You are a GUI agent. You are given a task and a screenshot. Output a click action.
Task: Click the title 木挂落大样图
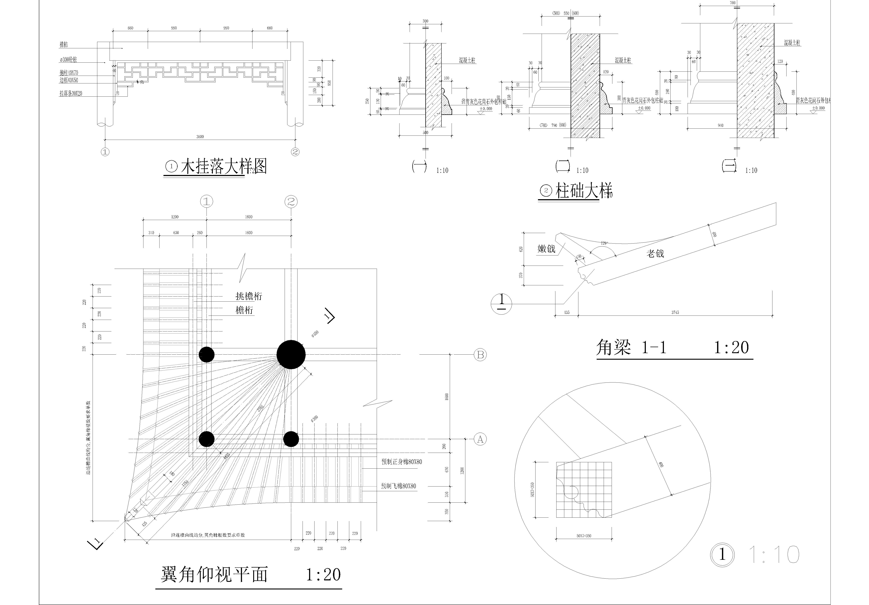223,167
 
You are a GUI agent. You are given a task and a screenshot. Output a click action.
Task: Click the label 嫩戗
546,249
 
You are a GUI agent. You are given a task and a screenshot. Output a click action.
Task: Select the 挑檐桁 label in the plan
249,296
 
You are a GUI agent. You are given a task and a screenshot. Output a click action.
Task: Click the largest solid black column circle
291,354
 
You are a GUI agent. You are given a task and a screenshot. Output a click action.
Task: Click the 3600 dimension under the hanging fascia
200,137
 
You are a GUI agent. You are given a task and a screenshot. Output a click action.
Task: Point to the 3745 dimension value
675,312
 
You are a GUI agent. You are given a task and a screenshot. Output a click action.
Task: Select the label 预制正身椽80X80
401,462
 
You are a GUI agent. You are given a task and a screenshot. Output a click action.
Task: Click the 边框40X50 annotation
69,80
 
